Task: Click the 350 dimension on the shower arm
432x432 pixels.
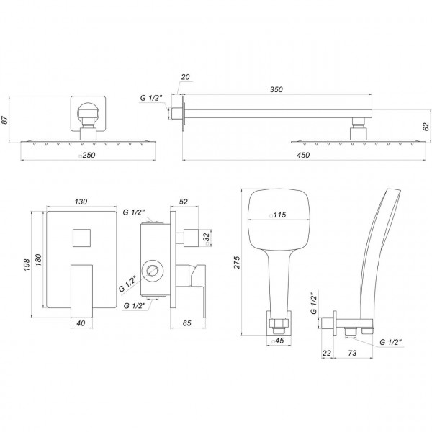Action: pos(276,90)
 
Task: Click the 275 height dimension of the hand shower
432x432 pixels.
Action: pos(236,264)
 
